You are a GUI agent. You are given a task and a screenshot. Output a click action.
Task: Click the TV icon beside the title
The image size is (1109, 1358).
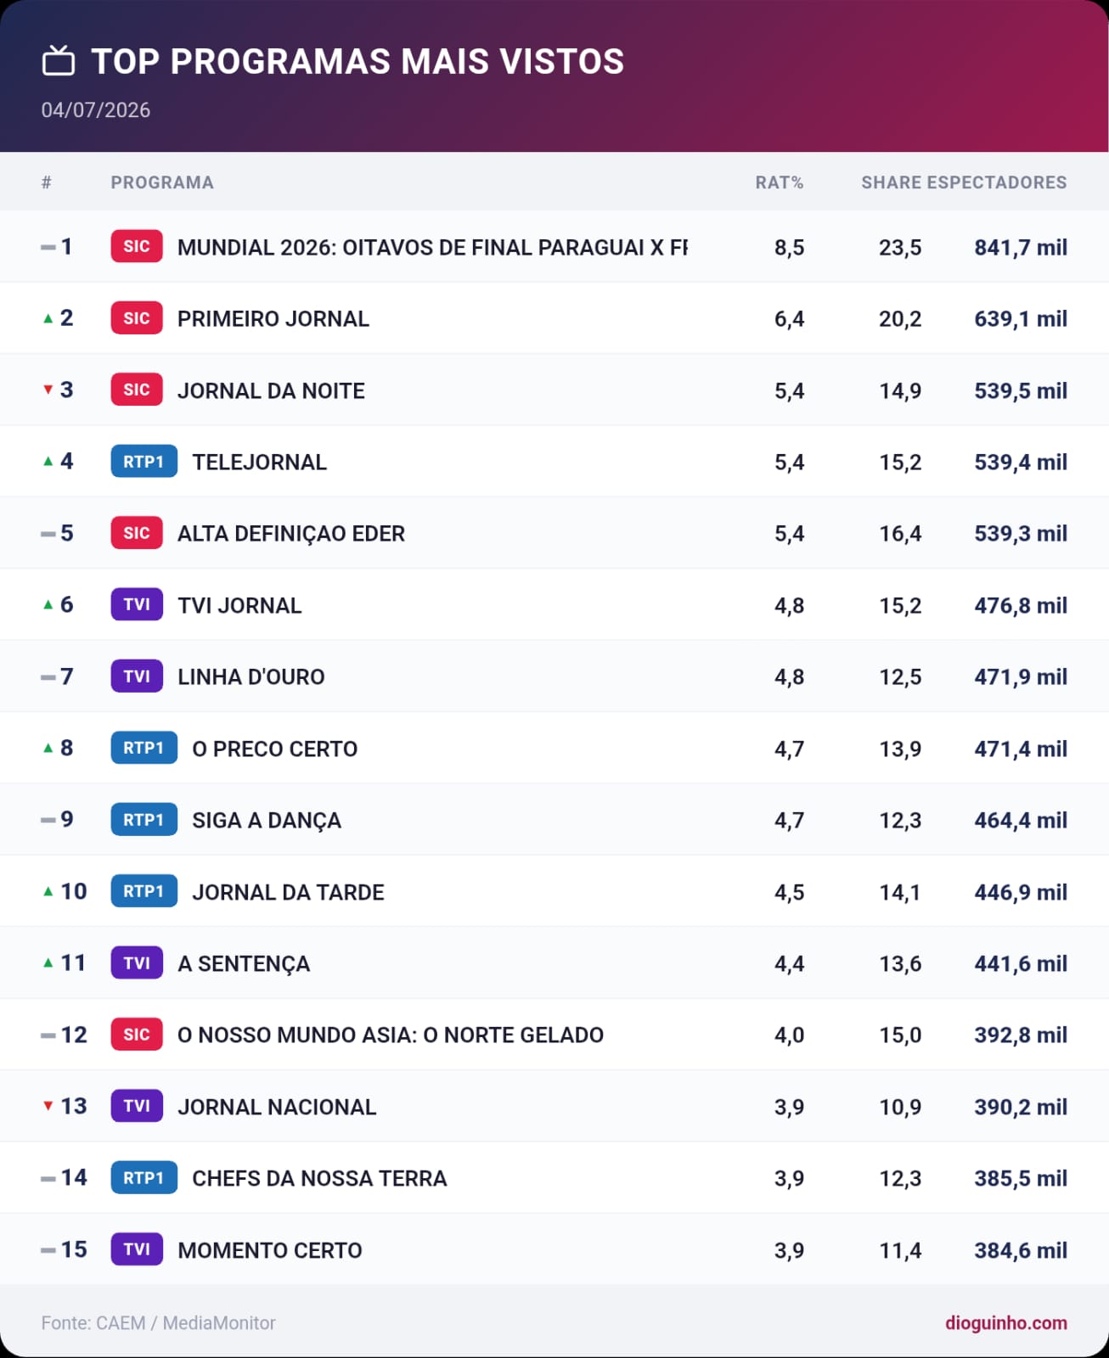[59, 61]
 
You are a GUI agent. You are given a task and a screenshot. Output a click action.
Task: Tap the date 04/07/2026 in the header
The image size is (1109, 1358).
[95, 110]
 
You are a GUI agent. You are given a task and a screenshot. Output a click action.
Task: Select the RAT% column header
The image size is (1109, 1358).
[779, 182]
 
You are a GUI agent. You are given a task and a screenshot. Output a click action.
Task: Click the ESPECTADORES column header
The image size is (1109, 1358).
[996, 182]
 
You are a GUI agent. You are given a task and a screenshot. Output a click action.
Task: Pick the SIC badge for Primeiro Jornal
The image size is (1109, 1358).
[137, 318]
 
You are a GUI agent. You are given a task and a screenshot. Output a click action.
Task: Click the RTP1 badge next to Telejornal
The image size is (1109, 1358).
[144, 461]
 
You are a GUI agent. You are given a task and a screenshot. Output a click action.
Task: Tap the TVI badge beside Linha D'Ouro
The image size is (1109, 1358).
[137, 676]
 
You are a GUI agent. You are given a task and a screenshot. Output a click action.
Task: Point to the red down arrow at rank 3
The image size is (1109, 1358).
[48, 390]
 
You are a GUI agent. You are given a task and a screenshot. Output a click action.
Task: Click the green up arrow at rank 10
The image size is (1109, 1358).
[48, 891]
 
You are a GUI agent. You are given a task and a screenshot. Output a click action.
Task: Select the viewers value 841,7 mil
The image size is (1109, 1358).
[1020, 247]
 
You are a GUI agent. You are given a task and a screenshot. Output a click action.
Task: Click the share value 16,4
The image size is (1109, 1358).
[900, 533]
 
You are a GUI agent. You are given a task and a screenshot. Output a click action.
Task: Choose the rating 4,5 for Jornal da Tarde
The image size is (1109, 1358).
[789, 892]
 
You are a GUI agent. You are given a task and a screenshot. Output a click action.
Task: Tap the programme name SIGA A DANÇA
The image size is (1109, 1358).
[266, 821]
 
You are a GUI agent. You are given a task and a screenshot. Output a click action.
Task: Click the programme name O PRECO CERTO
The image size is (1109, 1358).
[274, 749]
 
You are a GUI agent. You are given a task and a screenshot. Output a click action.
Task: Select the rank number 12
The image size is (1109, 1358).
[74, 1035]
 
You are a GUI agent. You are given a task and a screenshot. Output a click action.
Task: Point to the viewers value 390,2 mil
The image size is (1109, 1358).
[1020, 1107]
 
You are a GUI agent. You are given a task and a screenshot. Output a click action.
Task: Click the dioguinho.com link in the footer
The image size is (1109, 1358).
[1006, 1322]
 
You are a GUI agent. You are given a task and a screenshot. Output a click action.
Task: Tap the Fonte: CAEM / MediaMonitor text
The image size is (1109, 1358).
[158, 1322]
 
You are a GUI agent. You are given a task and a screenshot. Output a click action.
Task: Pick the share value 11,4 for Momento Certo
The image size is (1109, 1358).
[900, 1250]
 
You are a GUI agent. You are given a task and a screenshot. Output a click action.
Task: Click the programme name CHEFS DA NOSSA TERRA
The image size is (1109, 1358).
[319, 1178]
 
